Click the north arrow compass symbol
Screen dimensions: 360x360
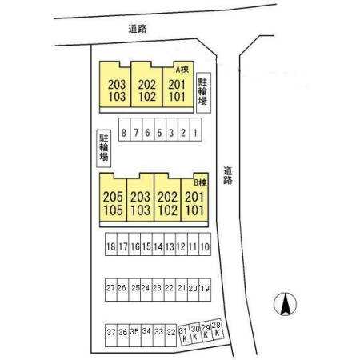(285, 305)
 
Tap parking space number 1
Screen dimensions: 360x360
(196, 130)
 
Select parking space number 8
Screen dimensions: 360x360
(124, 130)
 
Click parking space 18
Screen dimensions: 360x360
(111, 244)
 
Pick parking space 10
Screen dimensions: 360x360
(205, 244)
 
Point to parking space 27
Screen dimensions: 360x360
(111, 290)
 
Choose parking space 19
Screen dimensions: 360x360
(205, 290)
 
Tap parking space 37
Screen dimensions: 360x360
(111, 335)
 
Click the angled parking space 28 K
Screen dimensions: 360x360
(217, 330)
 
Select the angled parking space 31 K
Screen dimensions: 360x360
(184, 335)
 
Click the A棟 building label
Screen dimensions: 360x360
(182, 70)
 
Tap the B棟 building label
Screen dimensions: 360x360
(200, 182)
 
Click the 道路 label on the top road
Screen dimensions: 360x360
(138, 29)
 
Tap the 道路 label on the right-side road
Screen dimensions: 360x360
(228, 175)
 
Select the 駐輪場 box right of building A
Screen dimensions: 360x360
(203, 93)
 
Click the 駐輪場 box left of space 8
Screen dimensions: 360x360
(104, 148)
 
